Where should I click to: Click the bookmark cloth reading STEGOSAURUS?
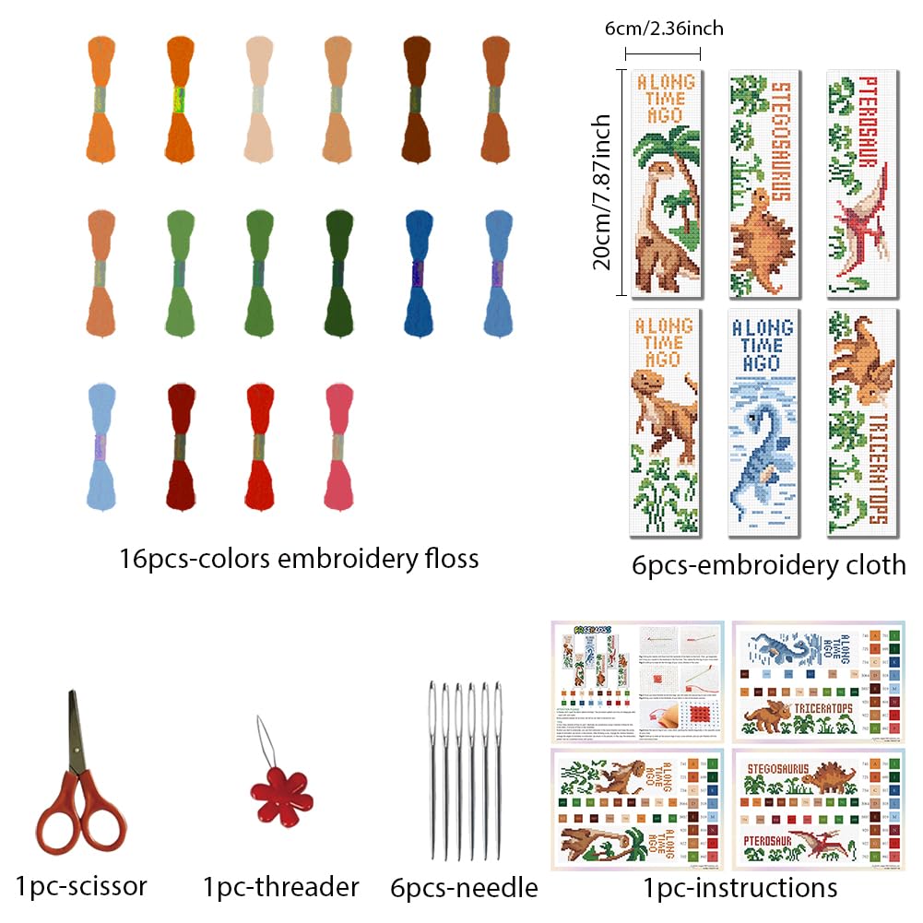click(762, 183)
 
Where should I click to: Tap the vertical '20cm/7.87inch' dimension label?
click(603, 191)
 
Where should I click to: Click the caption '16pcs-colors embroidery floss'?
click(299, 558)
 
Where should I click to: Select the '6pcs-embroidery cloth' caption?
click(769, 564)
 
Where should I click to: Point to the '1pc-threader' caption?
click(280, 887)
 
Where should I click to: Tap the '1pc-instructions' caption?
click(740, 887)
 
